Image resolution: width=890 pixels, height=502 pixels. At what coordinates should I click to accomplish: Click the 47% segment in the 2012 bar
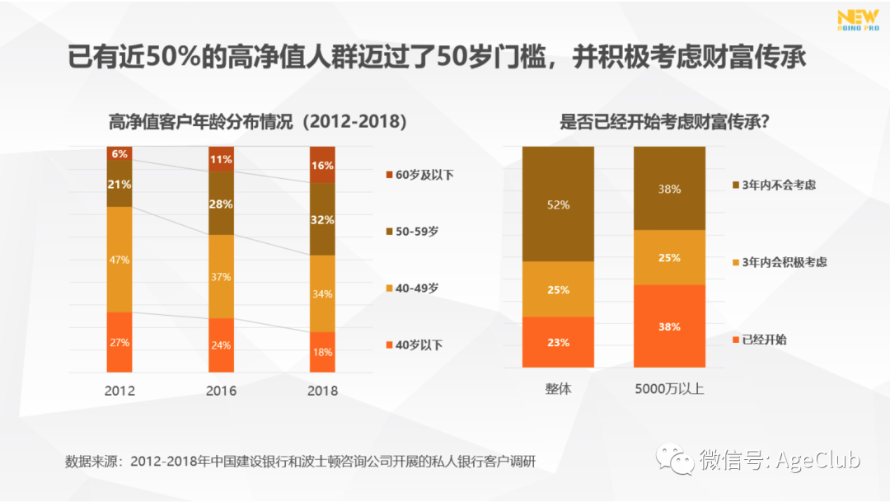(119, 259)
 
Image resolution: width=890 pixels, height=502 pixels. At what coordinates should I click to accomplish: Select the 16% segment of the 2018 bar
(322, 165)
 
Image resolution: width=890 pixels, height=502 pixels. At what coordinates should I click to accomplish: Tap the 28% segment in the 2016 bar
(221, 204)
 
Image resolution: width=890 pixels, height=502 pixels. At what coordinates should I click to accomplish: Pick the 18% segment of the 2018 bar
(322, 352)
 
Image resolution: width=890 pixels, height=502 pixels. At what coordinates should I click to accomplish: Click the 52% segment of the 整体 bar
(558, 204)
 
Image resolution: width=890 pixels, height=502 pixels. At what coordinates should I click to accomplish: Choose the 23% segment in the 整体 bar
(558, 342)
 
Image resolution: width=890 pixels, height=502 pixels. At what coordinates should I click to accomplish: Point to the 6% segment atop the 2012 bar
(119, 153)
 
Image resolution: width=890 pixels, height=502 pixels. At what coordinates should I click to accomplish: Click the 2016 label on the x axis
(221, 391)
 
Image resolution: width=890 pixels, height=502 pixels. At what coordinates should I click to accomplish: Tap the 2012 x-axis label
(119, 391)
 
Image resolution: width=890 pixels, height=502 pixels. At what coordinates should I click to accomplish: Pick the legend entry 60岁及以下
(420, 175)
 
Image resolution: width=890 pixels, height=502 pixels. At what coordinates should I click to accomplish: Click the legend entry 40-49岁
(415, 288)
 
